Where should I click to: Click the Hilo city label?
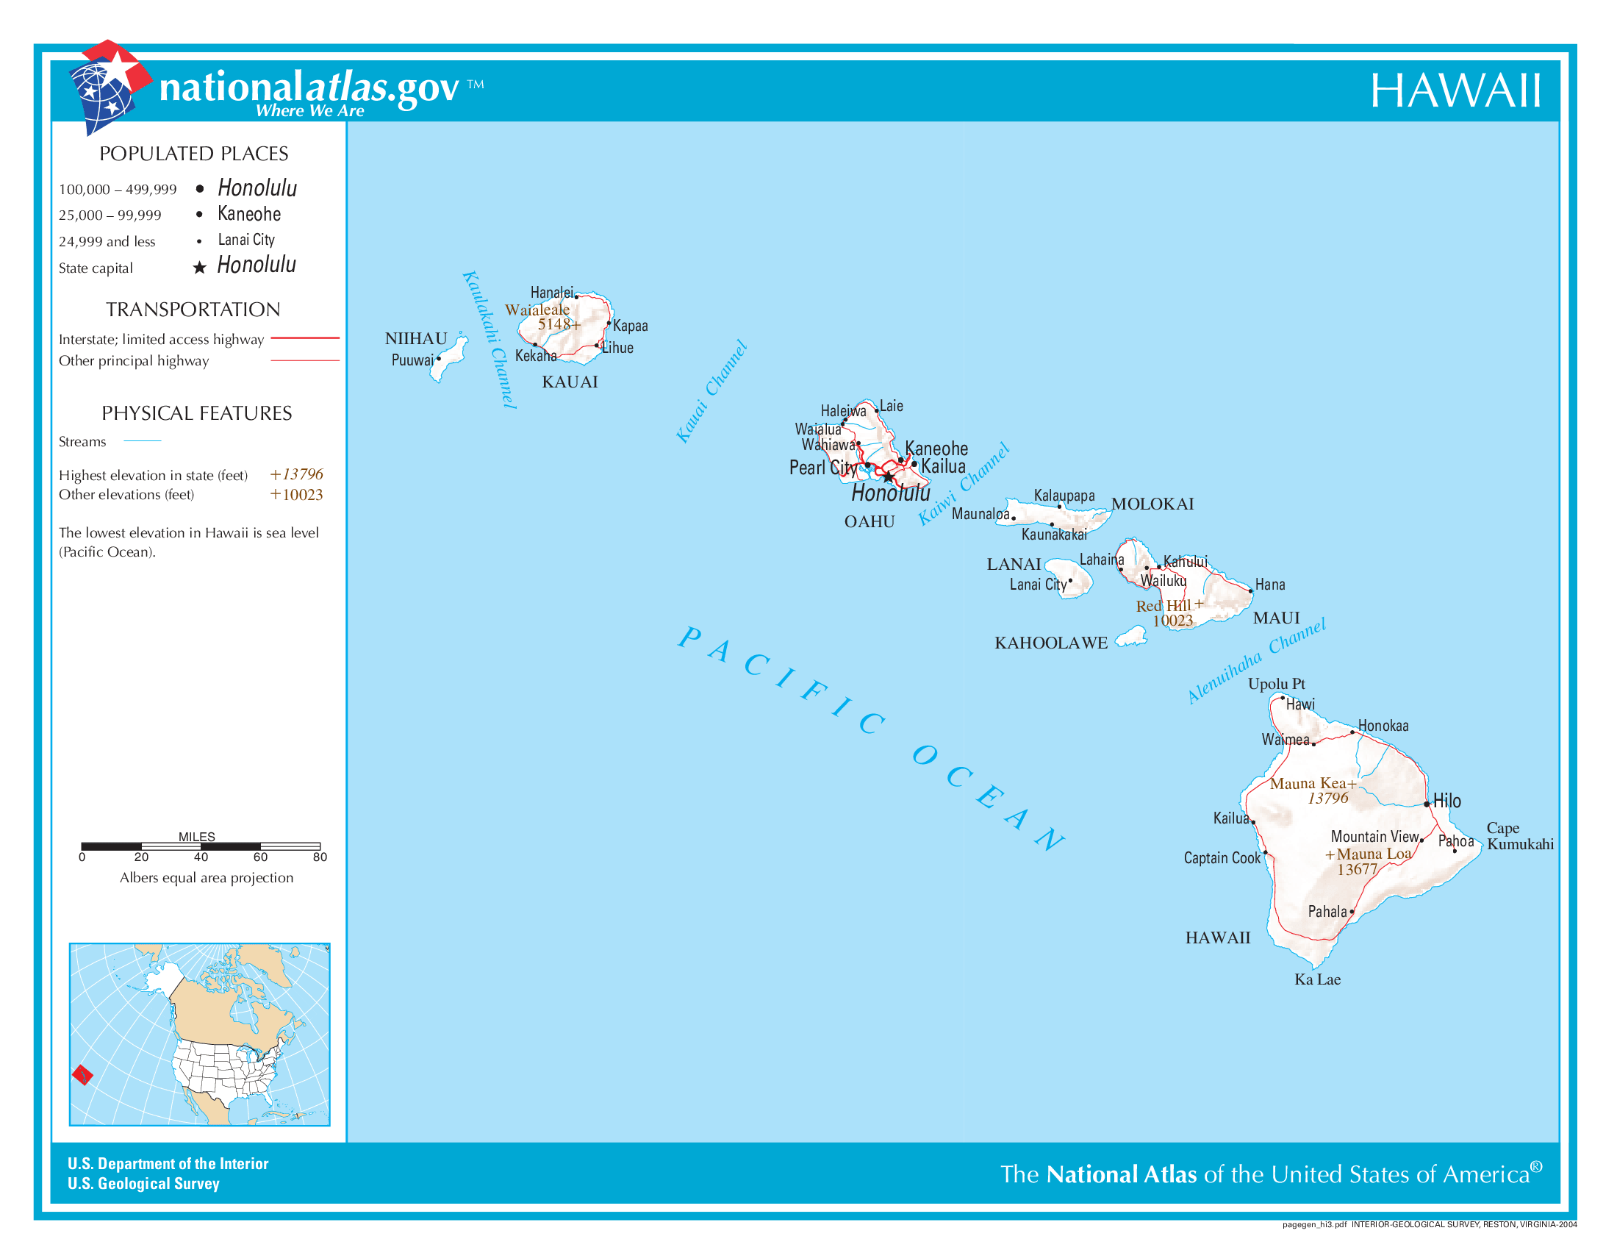click(x=1446, y=801)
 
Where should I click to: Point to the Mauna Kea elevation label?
click(x=1312, y=790)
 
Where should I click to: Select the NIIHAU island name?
click(x=415, y=338)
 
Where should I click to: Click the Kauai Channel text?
click(x=711, y=391)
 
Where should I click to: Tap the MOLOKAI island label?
click(x=1152, y=504)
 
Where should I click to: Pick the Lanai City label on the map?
click(x=1037, y=585)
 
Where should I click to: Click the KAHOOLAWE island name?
click(x=1050, y=643)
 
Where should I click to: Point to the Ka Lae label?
click(x=1316, y=979)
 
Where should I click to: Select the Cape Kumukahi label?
click(x=1519, y=835)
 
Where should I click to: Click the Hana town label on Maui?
click(x=1269, y=585)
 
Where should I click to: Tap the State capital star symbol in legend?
click(x=199, y=268)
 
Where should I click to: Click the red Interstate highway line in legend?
click(x=304, y=337)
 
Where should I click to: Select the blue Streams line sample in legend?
click(x=142, y=441)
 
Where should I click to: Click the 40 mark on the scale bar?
click(x=201, y=857)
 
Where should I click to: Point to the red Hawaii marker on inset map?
click(x=82, y=1074)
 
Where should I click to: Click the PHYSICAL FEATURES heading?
click(x=196, y=413)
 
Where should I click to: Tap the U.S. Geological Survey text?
click(x=143, y=1183)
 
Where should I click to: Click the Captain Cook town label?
click(x=1221, y=857)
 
